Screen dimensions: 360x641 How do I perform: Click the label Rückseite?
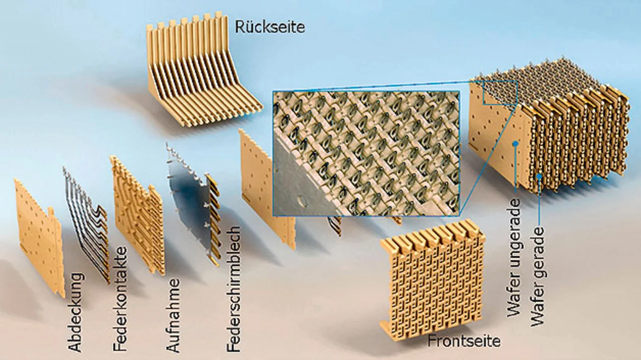[x=270, y=27]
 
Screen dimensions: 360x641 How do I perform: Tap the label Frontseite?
[x=463, y=341]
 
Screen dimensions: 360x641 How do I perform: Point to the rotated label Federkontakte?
[x=120, y=299]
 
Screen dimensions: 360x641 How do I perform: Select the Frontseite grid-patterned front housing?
[x=432, y=280]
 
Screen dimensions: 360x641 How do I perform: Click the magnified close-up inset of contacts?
[x=366, y=153]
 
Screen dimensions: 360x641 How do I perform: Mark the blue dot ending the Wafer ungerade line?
[x=515, y=144]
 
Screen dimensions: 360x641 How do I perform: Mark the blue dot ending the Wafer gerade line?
[x=539, y=176]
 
